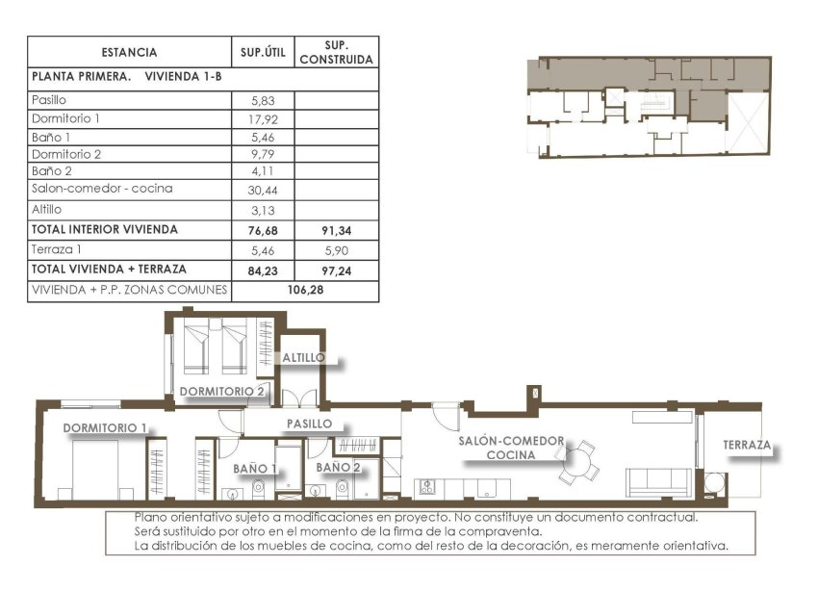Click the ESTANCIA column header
[128, 53]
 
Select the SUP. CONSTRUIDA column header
[336, 52]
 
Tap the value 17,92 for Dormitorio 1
[262, 119]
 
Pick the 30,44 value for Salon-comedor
[262, 191]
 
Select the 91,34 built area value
[336, 230]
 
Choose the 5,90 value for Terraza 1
[336, 249]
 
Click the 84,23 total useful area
[262, 270]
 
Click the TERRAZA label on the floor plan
[747, 446]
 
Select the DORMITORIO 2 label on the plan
[221, 391]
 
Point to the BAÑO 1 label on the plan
[255, 469]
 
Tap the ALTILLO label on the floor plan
[303, 358]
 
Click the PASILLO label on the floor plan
[309, 424]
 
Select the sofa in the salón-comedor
[658, 481]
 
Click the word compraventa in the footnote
[494, 531]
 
